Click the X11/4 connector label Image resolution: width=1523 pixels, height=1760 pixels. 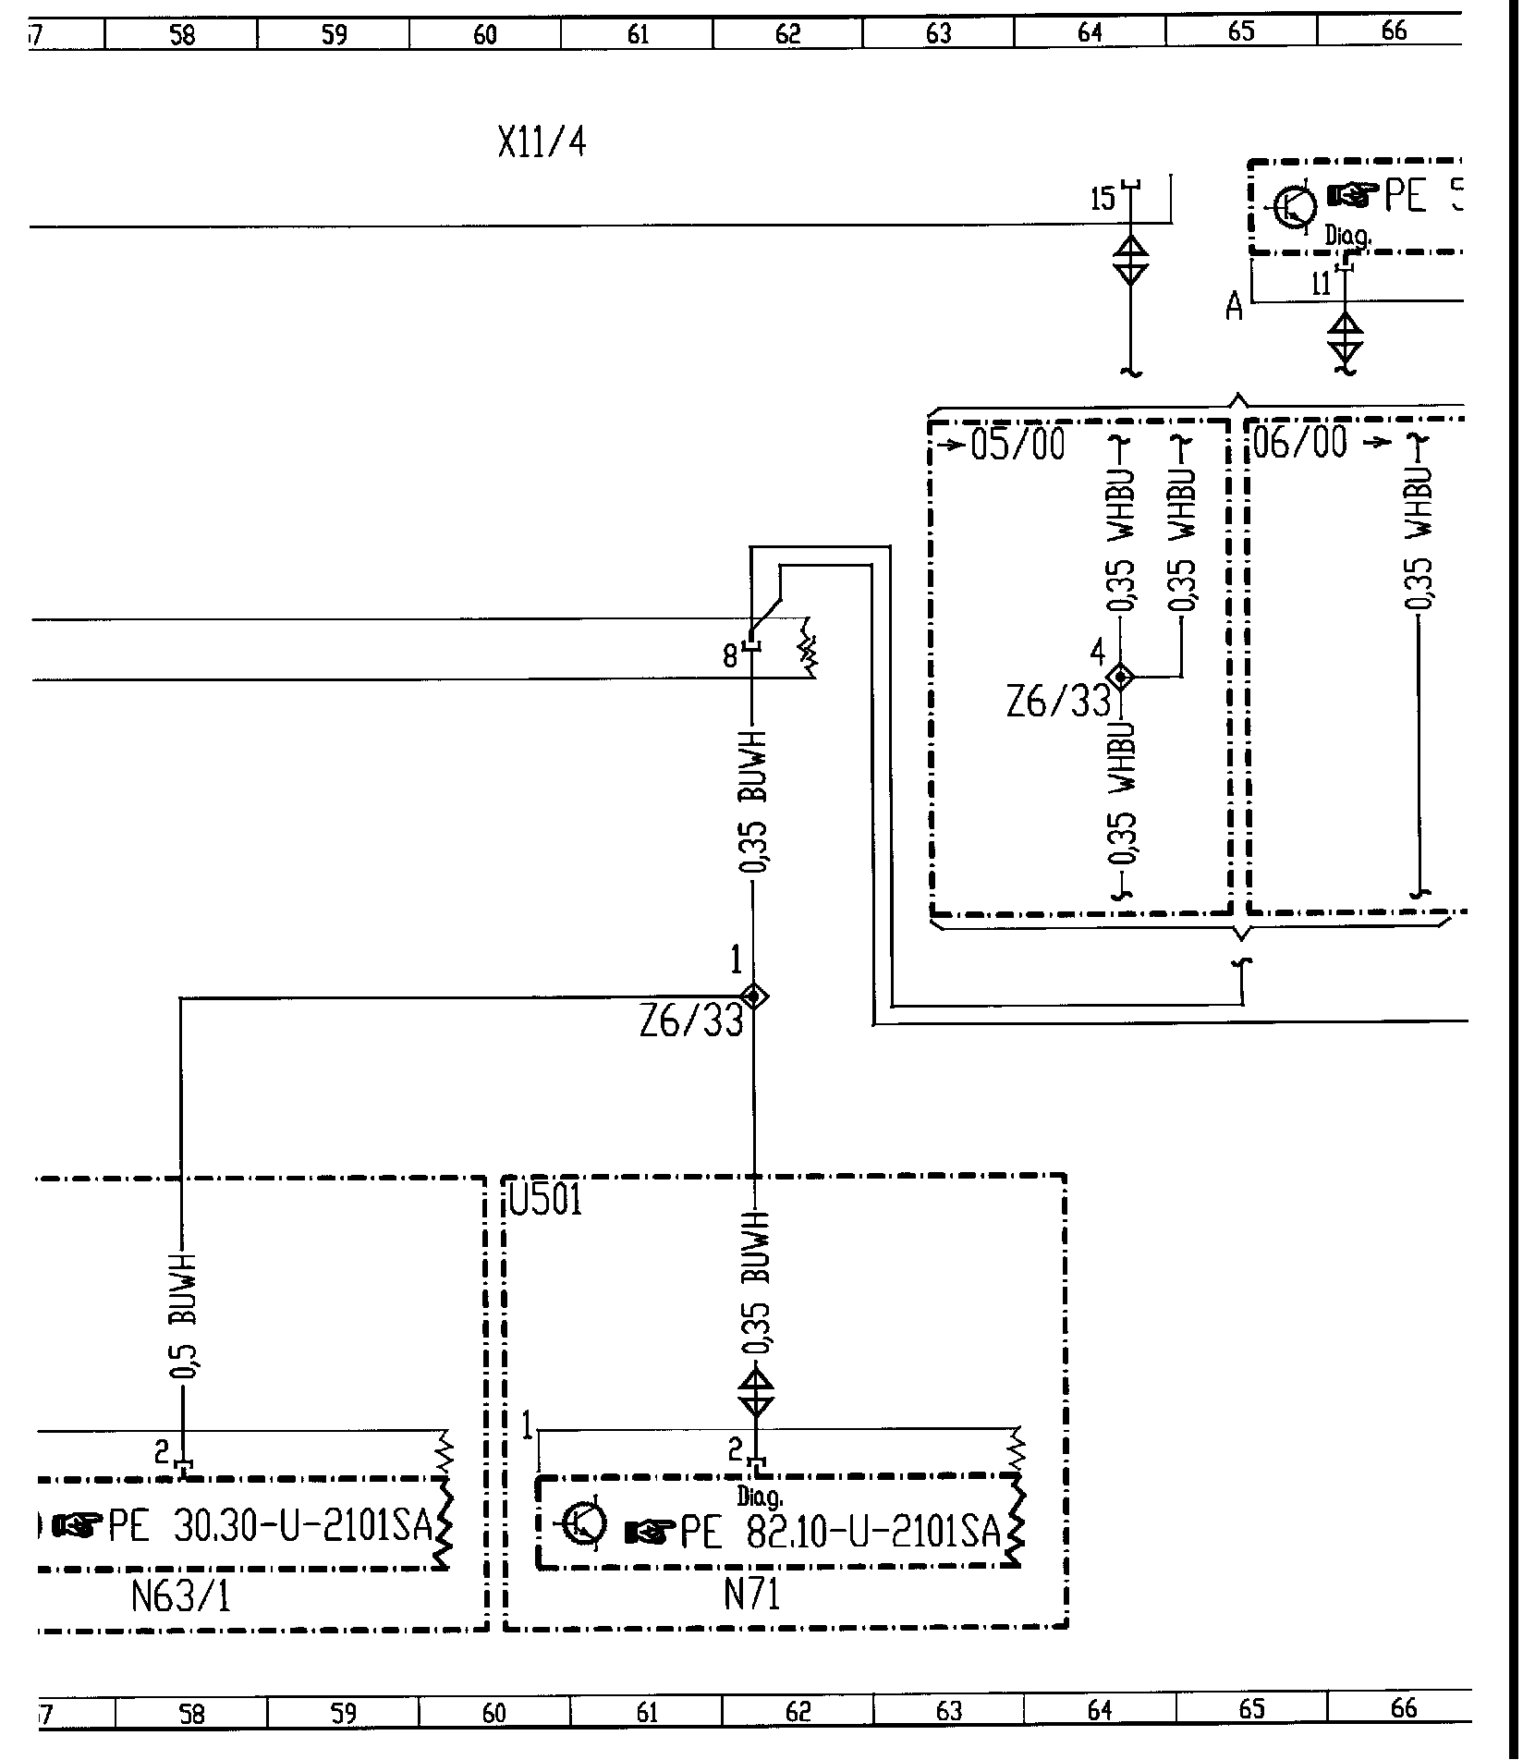[x=542, y=143]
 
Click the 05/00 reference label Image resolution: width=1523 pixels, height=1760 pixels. [x=1017, y=446]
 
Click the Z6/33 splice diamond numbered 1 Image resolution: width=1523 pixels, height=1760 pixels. [x=755, y=996]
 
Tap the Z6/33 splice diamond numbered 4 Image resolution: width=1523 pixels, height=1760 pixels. [x=1121, y=678]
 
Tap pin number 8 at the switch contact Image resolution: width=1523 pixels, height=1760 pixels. [x=731, y=657]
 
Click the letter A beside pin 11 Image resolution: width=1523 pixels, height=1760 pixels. [x=1235, y=306]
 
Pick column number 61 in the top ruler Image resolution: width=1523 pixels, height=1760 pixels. [x=638, y=34]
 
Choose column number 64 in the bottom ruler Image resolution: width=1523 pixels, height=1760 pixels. [x=1099, y=1709]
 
